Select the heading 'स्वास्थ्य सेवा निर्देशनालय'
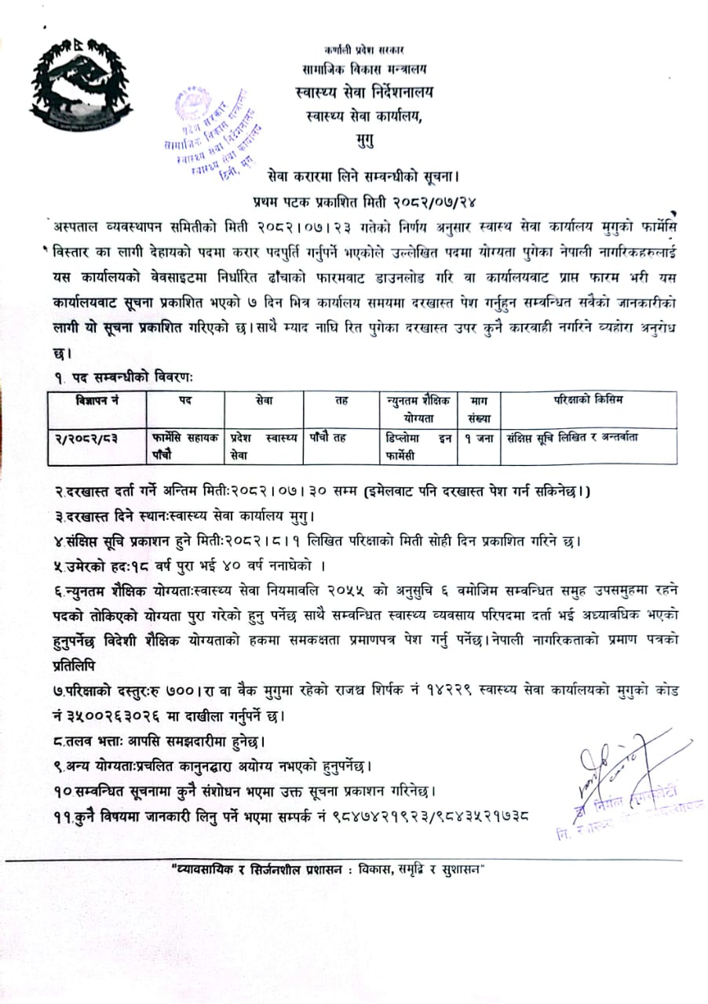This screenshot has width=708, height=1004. [x=370, y=93]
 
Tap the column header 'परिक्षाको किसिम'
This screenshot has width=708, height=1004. [x=587, y=401]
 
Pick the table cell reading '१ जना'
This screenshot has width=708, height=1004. [x=478, y=438]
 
